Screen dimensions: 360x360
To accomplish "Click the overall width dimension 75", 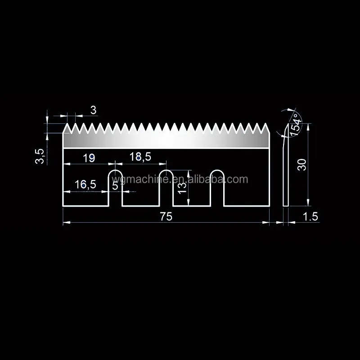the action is click(166, 216).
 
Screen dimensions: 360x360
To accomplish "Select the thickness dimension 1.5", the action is click(310, 216).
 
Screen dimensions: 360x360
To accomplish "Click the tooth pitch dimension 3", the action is click(93, 110).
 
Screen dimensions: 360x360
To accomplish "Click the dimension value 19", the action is click(89, 157).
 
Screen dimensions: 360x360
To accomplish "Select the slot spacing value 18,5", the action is click(140, 157).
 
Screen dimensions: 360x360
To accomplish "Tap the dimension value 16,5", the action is click(85, 184).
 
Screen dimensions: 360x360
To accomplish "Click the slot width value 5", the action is click(115, 185).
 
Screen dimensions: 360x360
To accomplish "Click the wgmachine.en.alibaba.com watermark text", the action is click(180, 180).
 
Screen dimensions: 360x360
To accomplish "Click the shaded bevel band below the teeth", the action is click(166, 141).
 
